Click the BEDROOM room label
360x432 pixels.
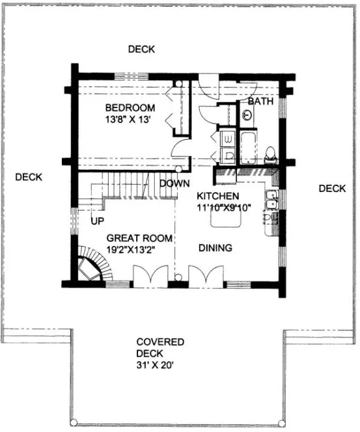click(130, 107)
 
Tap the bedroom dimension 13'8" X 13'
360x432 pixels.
click(130, 119)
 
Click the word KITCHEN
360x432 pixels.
click(218, 196)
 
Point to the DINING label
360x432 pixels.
click(215, 248)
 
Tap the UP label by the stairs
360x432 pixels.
click(98, 221)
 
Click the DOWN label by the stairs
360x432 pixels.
click(174, 183)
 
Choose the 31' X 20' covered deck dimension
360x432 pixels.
click(160, 365)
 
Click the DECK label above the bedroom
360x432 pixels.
click(141, 49)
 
